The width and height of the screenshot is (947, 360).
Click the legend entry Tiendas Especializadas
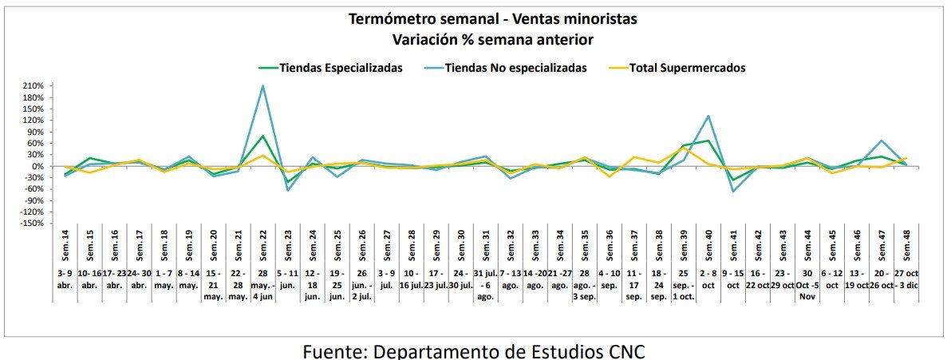tap(341, 68)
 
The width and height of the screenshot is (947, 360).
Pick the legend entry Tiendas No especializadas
tap(516, 68)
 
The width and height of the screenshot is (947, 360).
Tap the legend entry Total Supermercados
tap(687, 68)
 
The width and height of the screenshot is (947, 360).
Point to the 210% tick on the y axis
tap(34, 86)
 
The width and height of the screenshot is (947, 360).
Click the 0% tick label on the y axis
tap(40, 166)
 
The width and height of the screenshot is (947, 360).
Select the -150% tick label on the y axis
tap(32, 224)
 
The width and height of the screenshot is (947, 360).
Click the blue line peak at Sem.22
tap(263, 86)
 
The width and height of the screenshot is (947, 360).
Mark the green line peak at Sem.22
tap(263, 136)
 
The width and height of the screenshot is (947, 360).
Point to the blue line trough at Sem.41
tap(733, 192)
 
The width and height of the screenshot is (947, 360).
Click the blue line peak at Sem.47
tap(882, 140)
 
